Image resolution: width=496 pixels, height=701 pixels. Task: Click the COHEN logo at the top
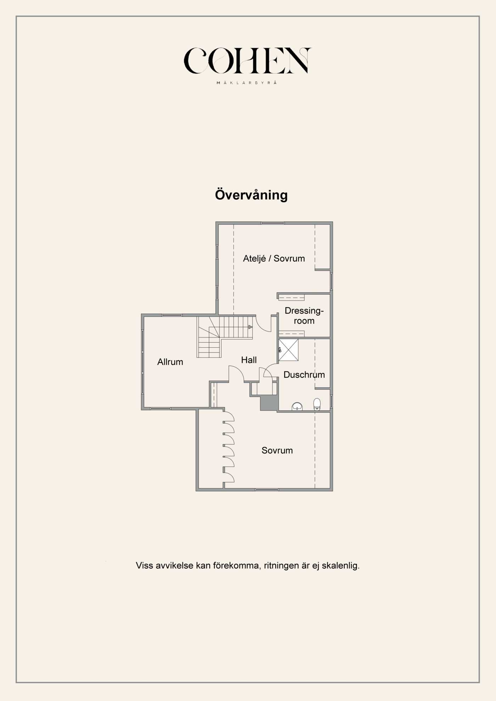tap(247, 61)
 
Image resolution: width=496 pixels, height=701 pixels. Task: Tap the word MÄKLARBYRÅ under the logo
tap(247, 82)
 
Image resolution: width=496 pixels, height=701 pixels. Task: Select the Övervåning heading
tap(251, 195)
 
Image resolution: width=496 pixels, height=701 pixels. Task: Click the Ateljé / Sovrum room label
tap(274, 258)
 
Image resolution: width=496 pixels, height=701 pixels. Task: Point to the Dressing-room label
tap(304, 315)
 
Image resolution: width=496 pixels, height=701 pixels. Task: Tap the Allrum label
tap(170, 362)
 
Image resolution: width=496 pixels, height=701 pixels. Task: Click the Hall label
tap(249, 360)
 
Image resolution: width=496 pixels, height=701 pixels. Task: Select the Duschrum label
tap(304, 375)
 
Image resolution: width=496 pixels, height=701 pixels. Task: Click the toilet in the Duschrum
tap(317, 404)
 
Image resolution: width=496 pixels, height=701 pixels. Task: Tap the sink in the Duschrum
tap(297, 406)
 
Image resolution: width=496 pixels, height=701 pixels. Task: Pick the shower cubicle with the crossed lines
tap(288, 350)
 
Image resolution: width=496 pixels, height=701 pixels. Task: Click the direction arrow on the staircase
tap(250, 327)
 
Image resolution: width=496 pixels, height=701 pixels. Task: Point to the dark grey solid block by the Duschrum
tap(269, 403)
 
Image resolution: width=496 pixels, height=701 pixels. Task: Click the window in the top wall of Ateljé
tap(273, 223)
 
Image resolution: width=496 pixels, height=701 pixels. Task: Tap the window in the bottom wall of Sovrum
tap(267, 490)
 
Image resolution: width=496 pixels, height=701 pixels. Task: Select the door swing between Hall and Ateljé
tap(263, 326)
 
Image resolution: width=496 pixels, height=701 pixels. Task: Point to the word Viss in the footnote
tap(145, 565)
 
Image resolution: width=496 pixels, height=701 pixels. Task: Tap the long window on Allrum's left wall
tap(142, 362)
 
